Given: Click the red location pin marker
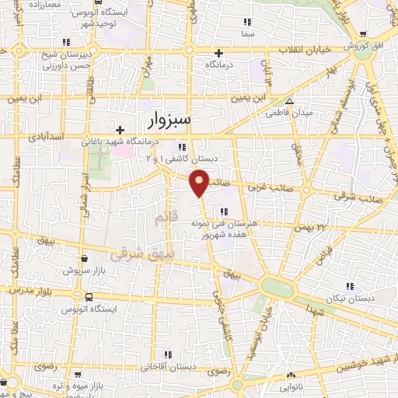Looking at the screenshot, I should click(200, 182).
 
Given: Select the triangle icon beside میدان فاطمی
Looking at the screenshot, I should click(289, 101).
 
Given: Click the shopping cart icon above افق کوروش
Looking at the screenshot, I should click(363, 33).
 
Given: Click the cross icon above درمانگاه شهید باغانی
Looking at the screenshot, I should click(119, 130).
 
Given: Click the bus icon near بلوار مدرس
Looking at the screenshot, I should click(89, 297).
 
